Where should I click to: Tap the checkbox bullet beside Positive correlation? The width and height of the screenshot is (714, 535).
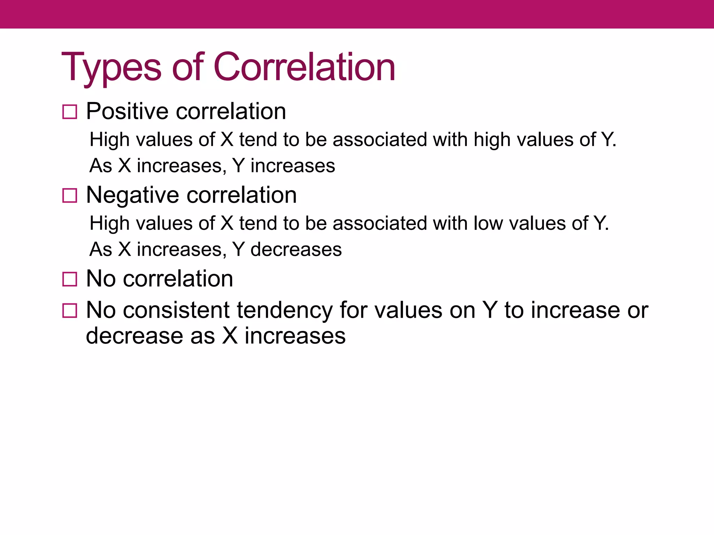point(69,112)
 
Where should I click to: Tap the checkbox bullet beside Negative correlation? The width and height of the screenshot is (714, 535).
point(69,195)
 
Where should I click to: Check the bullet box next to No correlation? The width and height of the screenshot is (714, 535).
point(69,279)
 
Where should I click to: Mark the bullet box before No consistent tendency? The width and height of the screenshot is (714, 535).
point(69,310)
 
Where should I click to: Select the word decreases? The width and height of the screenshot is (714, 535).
point(296,249)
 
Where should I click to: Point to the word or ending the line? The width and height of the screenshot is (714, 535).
point(638,311)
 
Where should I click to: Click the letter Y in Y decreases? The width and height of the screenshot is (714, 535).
point(238,249)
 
